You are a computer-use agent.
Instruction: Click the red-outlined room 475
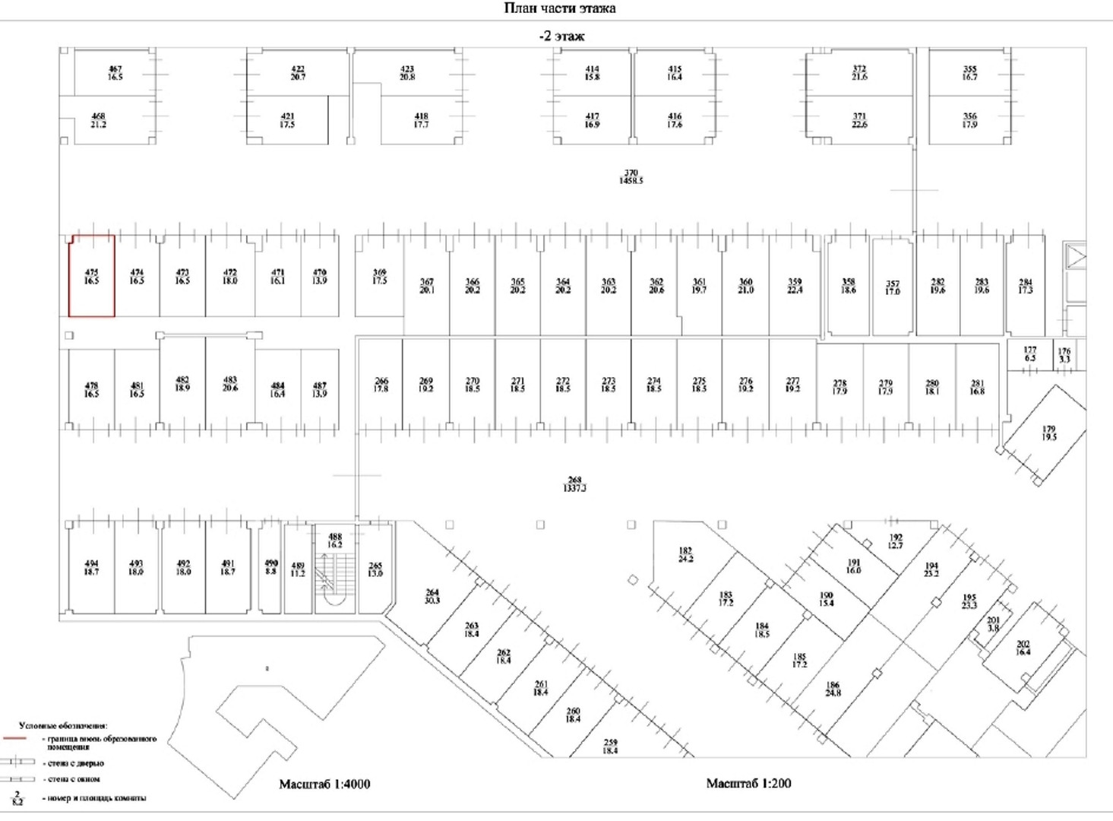click(91, 276)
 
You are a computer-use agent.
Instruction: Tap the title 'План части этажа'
click(560, 8)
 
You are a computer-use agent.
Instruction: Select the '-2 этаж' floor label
click(561, 36)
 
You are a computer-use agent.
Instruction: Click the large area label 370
click(631, 177)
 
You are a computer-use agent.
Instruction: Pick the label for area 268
click(574, 484)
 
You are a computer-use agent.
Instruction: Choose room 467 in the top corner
click(115, 73)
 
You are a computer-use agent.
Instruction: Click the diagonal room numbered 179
click(1048, 433)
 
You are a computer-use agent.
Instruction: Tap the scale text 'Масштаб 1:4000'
click(324, 784)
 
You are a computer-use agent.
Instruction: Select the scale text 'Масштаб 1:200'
click(748, 783)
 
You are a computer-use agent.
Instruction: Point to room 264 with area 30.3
click(432, 597)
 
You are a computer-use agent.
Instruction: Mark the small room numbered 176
click(1064, 355)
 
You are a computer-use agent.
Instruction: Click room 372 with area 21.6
click(858, 73)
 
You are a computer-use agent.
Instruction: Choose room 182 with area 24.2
click(685, 555)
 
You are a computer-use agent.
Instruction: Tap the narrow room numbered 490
click(270, 567)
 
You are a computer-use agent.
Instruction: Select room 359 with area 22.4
click(794, 286)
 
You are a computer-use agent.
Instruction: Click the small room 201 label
click(993, 624)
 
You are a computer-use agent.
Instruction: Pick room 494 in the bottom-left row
click(91, 568)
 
